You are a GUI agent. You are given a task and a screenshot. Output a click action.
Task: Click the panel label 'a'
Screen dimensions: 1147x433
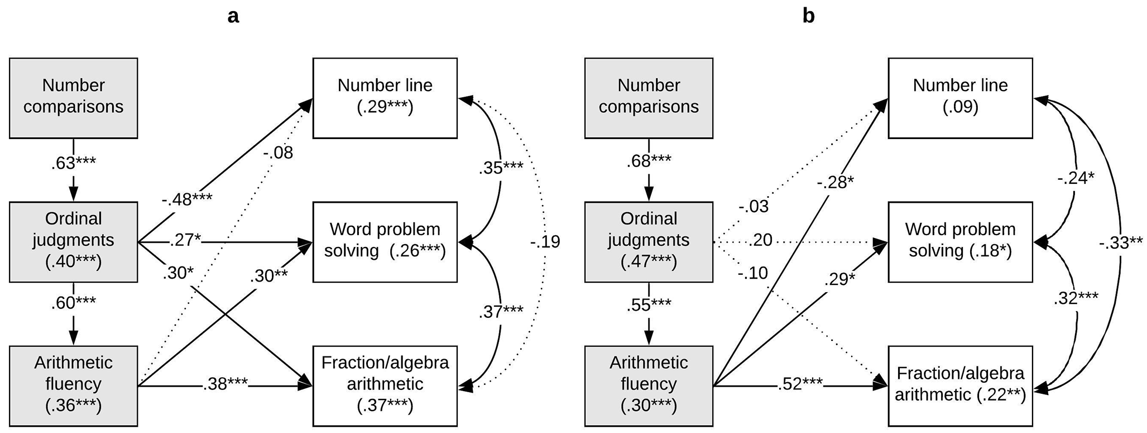233,17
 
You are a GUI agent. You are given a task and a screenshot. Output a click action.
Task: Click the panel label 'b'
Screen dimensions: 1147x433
808,16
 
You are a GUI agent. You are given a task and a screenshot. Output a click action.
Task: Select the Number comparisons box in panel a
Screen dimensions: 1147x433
74,98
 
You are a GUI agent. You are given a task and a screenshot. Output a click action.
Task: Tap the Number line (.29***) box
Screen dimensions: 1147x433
385,98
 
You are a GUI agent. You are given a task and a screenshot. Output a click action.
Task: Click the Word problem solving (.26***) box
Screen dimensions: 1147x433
385,242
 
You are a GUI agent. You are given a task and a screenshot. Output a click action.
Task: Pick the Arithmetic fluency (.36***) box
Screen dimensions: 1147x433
74,386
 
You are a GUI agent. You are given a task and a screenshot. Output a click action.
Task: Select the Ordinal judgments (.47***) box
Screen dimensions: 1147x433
649,242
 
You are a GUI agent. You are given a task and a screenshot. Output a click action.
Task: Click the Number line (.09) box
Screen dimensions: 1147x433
961,98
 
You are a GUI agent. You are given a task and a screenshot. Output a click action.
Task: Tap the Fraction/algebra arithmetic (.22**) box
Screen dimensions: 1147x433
961,386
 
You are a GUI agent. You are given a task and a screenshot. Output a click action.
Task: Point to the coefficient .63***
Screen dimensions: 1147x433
74,163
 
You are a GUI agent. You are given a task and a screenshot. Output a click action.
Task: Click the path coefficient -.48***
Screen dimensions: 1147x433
187,199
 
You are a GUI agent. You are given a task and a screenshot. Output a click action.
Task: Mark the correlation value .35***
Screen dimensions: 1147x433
501,168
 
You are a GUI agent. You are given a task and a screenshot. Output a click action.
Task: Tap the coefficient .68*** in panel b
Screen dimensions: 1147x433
649,161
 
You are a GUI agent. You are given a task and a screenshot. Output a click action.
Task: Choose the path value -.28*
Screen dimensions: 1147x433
836,182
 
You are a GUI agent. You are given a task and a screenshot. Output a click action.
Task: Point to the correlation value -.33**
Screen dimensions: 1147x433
1121,242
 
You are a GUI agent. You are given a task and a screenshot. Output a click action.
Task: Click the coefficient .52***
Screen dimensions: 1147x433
800,384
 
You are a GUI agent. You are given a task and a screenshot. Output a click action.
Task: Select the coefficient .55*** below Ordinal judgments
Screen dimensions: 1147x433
649,306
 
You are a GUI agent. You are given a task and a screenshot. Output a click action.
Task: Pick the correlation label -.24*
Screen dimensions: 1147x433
1076,179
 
